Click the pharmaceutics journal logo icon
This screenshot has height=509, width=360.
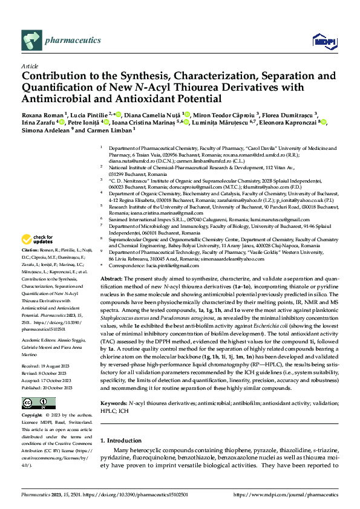coord(31,40)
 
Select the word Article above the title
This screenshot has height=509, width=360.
coord(30,65)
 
